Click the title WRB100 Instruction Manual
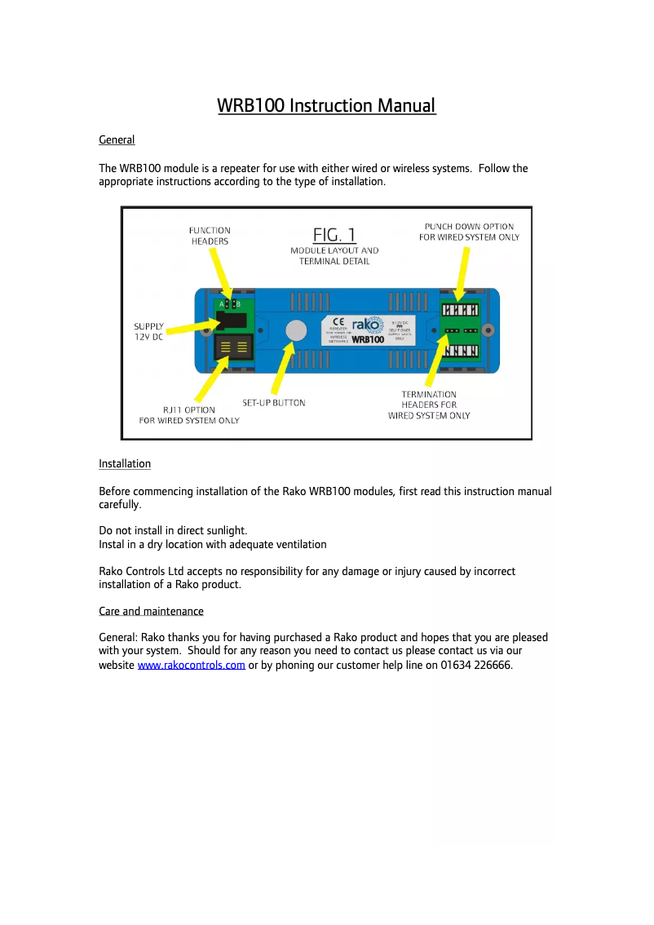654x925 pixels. [326, 106]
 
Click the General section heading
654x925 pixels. [117, 140]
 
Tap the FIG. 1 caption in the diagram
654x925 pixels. [334, 234]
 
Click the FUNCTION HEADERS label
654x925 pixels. [210, 236]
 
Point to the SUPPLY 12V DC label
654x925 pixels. [148, 331]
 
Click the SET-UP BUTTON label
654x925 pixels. [274, 403]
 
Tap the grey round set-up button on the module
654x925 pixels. [294, 330]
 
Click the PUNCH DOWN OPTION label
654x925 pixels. [469, 232]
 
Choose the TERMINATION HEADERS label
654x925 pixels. [429, 405]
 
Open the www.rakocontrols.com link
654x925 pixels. [192, 666]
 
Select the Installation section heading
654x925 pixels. [125, 464]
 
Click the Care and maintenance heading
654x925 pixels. [151, 611]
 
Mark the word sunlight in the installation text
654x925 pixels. [224, 530]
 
